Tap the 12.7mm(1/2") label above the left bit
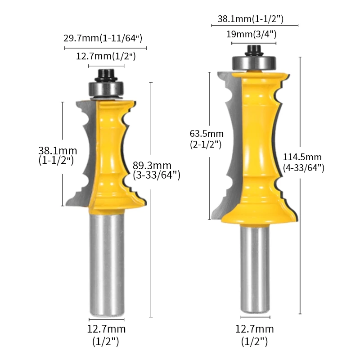tap(106, 56)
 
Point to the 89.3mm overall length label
tap(157, 170)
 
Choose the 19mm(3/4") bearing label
tap(254, 34)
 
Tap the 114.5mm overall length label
tap(303, 162)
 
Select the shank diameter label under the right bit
tap(254, 335)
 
